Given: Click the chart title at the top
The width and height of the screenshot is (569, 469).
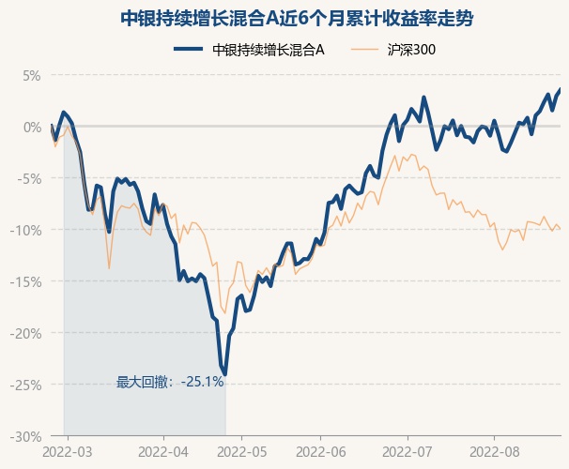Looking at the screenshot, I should click(284, 18).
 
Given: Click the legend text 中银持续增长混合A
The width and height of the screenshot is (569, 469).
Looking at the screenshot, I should click(269, 50).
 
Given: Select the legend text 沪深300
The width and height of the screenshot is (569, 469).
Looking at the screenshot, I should click(411, 50).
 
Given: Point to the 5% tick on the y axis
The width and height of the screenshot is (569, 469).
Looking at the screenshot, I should click(33, 75).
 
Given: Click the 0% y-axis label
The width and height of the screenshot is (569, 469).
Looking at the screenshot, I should click(33, 127).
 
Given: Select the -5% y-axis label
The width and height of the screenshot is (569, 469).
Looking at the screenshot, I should click(31, 178).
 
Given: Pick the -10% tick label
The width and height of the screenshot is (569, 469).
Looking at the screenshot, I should click(28, 230).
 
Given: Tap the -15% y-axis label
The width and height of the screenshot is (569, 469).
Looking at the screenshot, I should click(28, 281).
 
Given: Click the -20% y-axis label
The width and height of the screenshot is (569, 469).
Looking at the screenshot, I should click(28, 333).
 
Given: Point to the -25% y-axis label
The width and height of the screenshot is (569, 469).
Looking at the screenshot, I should click(28, 385).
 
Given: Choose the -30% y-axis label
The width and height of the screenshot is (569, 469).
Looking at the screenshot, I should click(28, 436).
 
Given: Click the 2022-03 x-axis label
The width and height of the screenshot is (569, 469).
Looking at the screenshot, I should click(69, 451).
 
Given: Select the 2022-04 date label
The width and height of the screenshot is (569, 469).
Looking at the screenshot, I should click(163, 451).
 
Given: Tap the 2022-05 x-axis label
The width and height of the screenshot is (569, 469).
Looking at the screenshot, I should click(241, 451).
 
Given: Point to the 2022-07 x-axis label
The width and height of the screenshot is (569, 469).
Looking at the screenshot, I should click(408, 451).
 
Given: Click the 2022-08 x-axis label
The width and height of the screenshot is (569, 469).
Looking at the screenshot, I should click(495, 451).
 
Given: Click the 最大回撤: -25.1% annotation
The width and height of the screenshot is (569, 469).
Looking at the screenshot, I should click(170, 382).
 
